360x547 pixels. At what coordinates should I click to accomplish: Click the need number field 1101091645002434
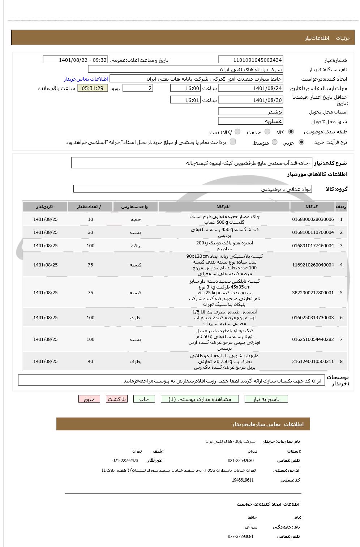click(250, 60)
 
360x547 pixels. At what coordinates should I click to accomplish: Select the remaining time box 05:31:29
click(93, 88)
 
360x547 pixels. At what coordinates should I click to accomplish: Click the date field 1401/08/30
click(250, 100)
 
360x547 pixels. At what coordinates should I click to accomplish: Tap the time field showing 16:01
click(185, 100)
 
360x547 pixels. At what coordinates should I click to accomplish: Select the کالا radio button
click(291, 132)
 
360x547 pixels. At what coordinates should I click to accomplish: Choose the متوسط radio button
click(275, 142)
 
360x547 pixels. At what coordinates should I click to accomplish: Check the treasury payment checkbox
click(233, 142)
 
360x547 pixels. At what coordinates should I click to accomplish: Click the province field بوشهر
click(250, 112)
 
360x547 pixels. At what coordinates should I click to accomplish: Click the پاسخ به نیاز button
click(266, 399)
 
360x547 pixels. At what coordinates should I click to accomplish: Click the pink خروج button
click(89, 399)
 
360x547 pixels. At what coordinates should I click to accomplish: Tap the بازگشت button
click(116, 399)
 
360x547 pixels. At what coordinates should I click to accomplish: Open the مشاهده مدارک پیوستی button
click(200, 399)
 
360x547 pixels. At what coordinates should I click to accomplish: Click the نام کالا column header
click(223, 207)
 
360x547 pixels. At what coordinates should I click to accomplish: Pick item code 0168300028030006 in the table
click(313, 219)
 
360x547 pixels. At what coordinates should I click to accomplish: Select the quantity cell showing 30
click(90, 232)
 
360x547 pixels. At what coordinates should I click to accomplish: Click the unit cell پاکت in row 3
click(136, 246)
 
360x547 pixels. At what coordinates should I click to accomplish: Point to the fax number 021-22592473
click(125, 461)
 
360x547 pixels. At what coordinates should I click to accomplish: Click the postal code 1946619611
click(243, 480)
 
